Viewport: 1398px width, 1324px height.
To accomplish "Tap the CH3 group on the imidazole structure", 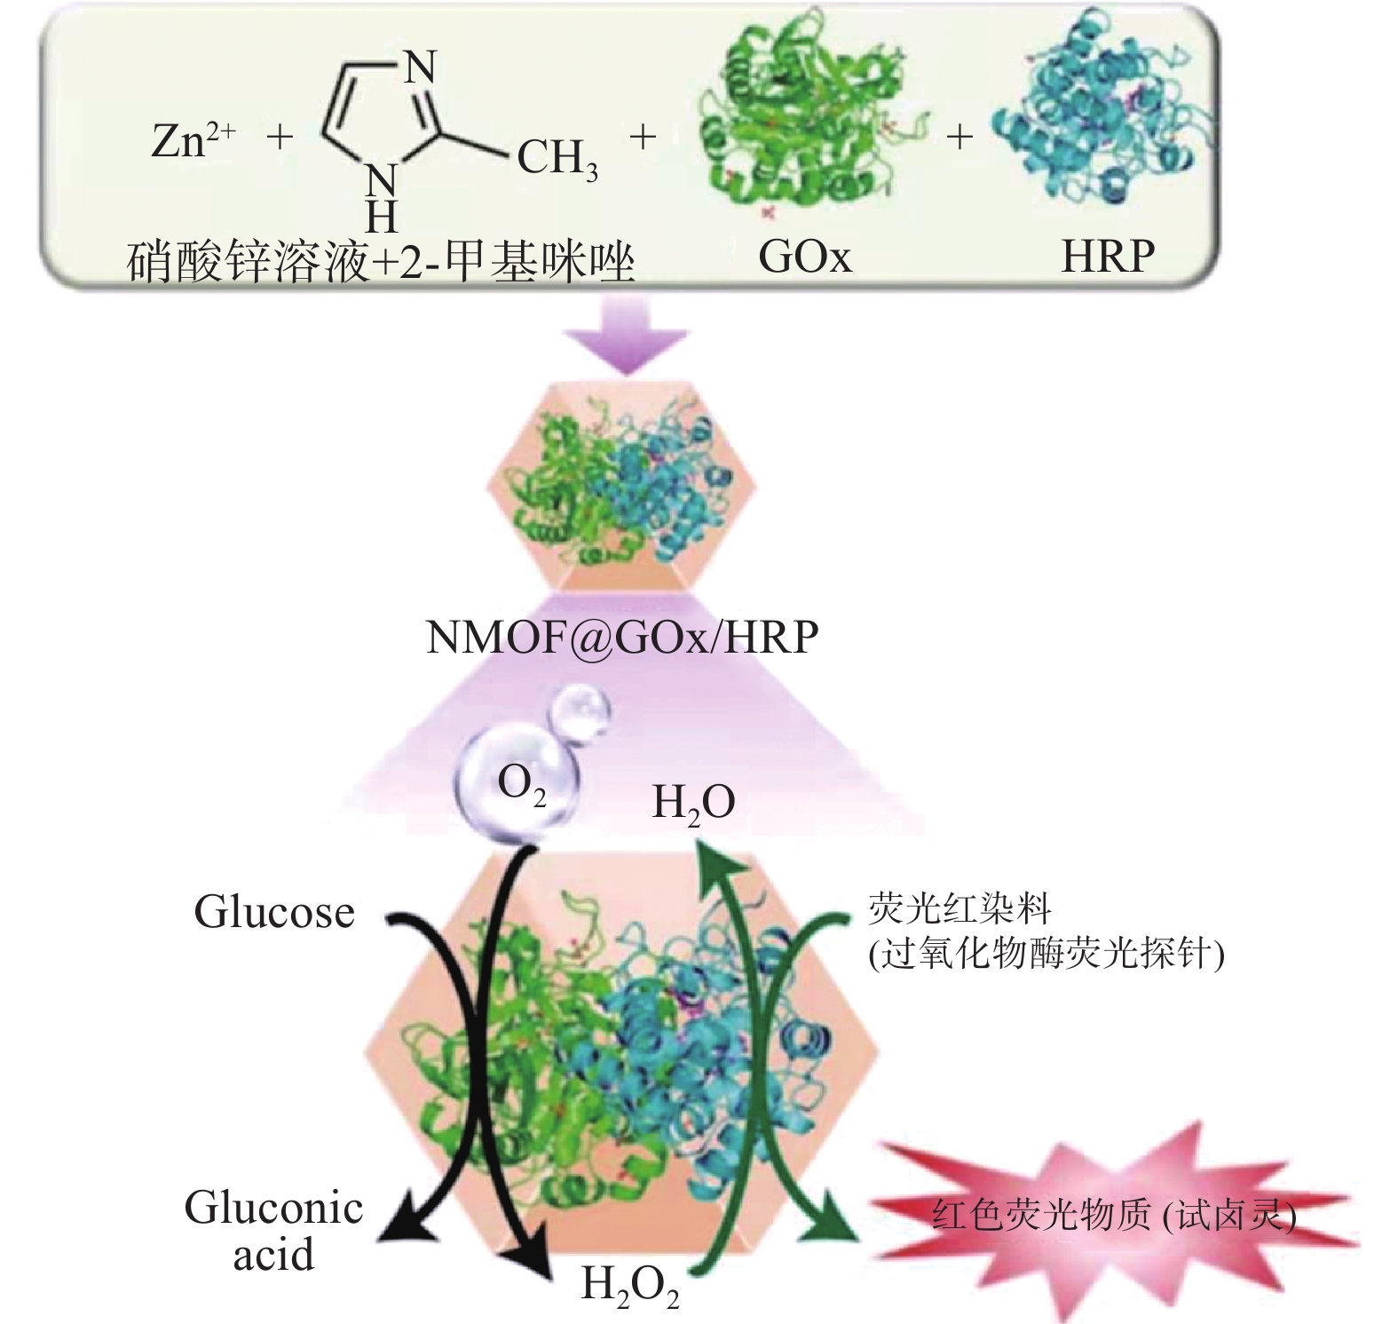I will tap(557, 160).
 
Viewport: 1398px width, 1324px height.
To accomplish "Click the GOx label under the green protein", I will tap(804, 257).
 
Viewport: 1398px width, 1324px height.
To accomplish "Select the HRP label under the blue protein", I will tap(1108, 257).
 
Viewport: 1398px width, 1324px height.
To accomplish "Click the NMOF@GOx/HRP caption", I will tap(622, 638).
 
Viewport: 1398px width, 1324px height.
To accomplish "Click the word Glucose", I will tap(274, 912).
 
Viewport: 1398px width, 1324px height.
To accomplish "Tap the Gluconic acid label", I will tap(273, 1231).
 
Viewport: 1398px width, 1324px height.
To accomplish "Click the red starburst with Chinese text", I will tap(1114, 1215).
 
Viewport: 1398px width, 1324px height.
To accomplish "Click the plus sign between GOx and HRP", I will tap(959, 137).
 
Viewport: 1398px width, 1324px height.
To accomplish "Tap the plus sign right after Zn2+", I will tap(280, 138).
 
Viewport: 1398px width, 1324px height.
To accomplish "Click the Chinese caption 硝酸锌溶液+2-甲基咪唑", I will tap(382, 263).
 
